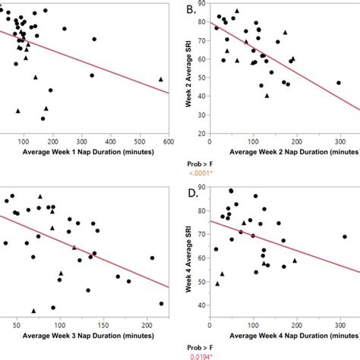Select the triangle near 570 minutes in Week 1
coord(160,79)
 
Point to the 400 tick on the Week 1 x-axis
coord(111,141)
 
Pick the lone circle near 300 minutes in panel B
coord(338,83)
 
